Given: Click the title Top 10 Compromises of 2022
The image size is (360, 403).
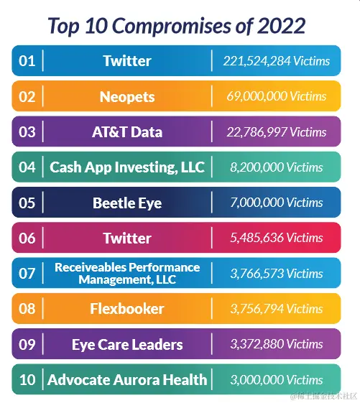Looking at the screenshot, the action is click(177, 26).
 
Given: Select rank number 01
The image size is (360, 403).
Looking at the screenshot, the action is click(27, 61).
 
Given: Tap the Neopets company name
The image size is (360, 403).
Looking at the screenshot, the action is click(127, 97).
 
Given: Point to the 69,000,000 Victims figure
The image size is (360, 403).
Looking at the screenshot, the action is click(277, 96).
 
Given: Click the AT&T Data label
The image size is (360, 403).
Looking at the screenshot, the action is click(127, 132).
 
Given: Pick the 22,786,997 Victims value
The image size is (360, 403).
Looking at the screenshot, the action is click(277, 132).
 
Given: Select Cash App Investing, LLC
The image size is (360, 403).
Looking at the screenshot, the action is click(127, 167).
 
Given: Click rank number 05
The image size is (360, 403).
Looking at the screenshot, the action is click(27, 203).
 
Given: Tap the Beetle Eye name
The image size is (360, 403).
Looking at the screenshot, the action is click(127, 203).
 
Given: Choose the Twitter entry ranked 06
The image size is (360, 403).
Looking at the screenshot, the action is click(127, 238).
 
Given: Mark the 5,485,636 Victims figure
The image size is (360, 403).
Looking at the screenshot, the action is click(277, 238).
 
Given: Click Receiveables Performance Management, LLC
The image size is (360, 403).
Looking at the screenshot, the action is click(127, 273).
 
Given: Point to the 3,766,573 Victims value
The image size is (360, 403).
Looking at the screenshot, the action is click(277, 274).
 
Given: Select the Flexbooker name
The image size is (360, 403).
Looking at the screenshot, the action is click(127, 309).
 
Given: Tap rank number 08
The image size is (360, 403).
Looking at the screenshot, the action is click(27, 308).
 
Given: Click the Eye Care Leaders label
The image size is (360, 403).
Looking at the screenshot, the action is click(127, 345).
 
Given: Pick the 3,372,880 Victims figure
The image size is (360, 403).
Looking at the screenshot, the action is click(277, 344).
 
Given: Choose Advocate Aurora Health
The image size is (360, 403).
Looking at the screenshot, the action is click(127, 379).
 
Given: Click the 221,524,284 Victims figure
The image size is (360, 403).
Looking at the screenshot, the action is click(277, 61).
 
